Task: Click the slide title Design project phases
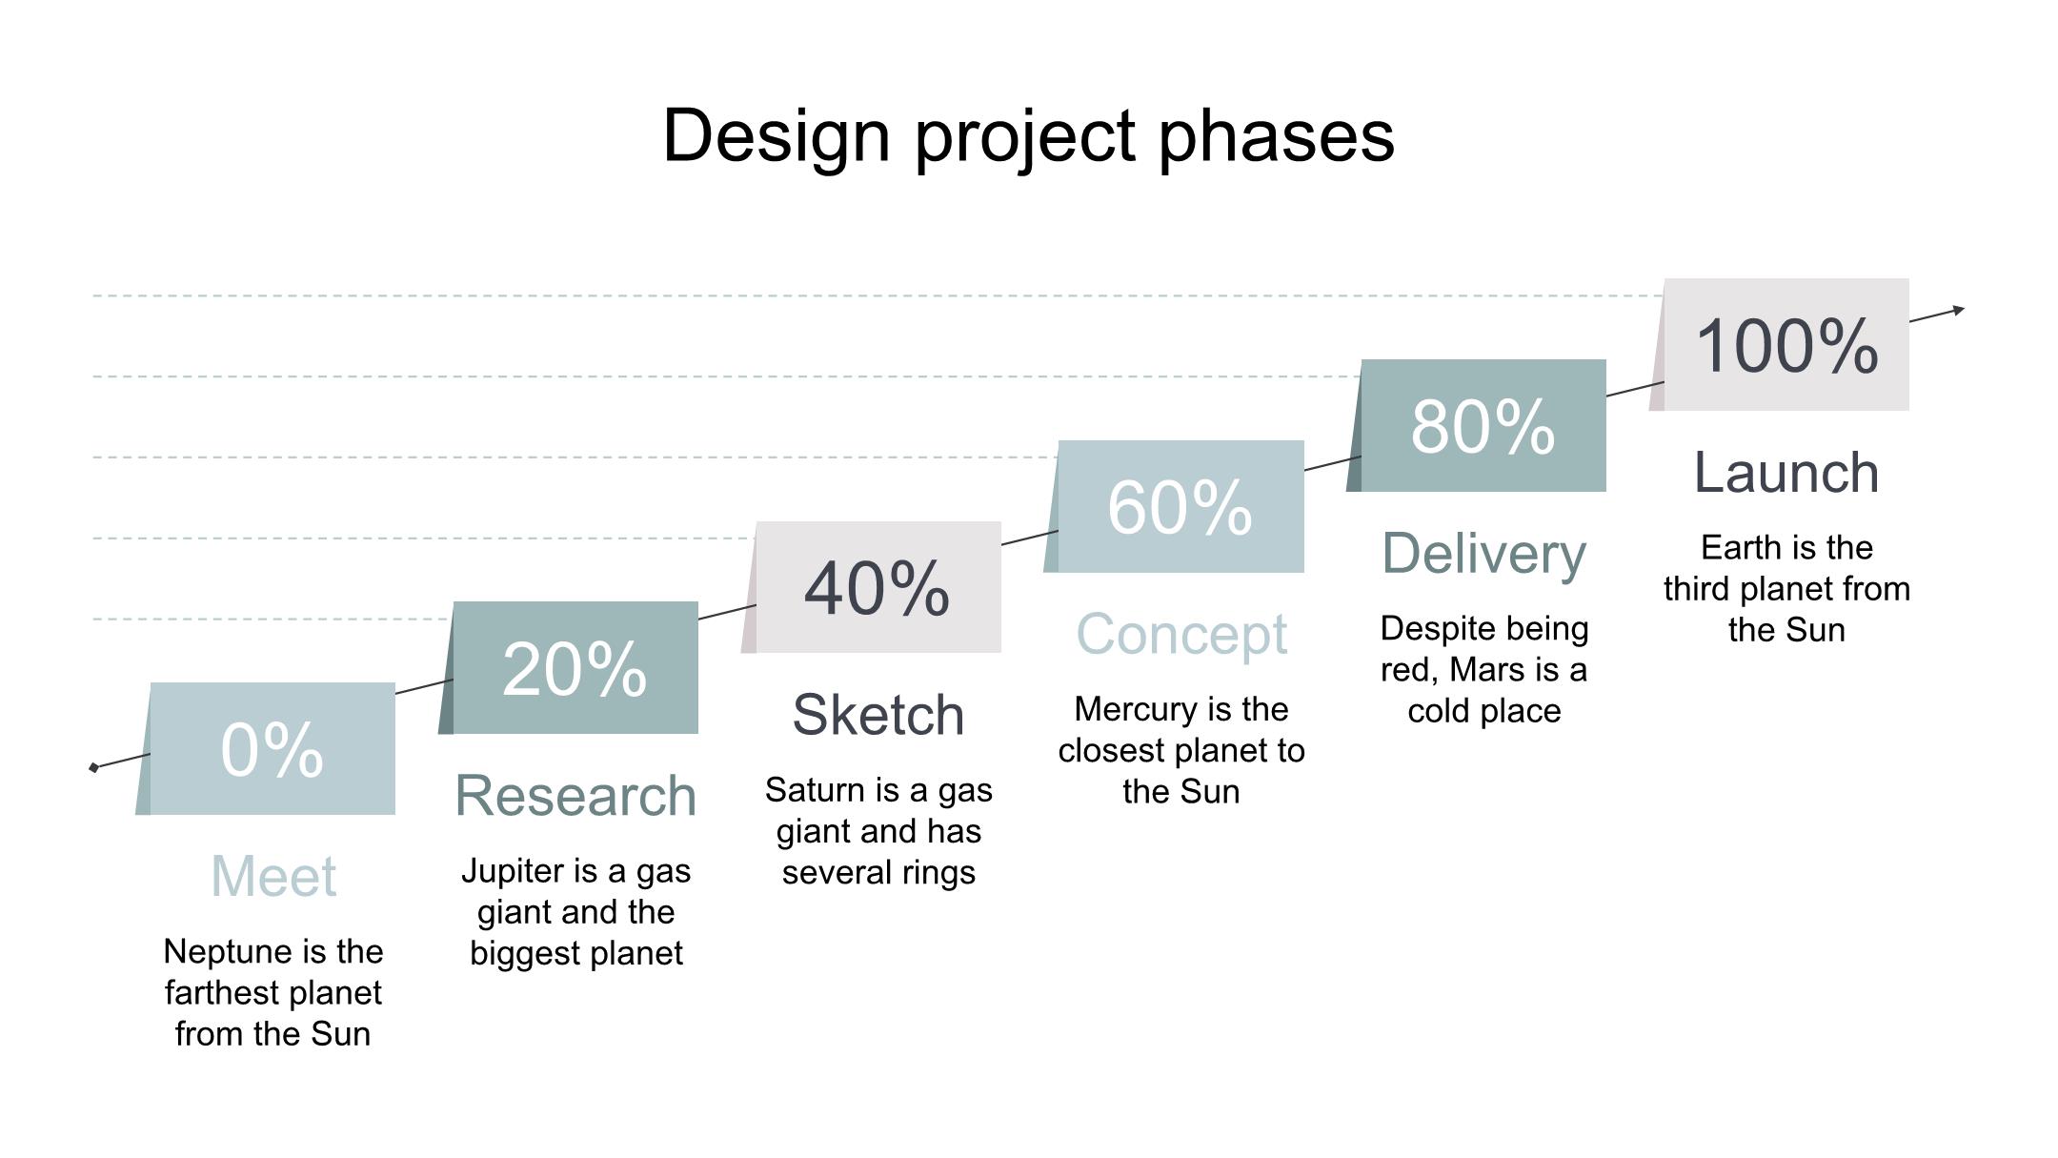pyautogui.click(x=1028, y=136)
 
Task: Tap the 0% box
pyautogui.click(x=266, y=748)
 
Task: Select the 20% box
pyautogui.click(x=569, y=668)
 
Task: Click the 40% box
pyautogui.click(x=872, y=587)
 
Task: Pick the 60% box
pyautogui.click(x=1175, y=506)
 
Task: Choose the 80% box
pyautogui.click(x=1477, y=426)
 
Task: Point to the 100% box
pyautogui.click(x=1780, y=345)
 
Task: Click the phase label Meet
pyautogui.click(x=273, y=876)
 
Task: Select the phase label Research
pyautogui.click(x=575, y=795)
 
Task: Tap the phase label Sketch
pyautogui.click(x=878, y=715)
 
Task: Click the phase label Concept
pyautogui.click(x=1181, y=634)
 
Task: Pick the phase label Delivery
pyautogui.click(x=1484, y=554)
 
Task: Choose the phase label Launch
pyautogui.click(x=1786, y=473)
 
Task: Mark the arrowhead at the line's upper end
pyautogui.click(x=1958, y=310)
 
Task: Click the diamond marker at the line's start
pyautogui.click(x=93, y=767)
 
